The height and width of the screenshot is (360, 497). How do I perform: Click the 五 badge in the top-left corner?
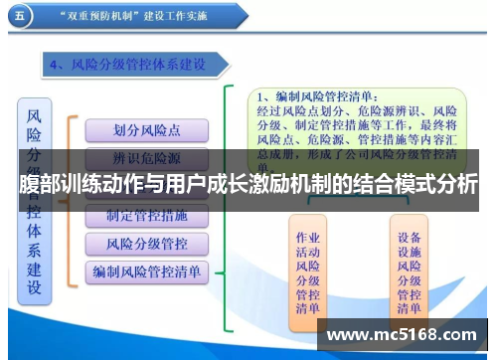(22, 17)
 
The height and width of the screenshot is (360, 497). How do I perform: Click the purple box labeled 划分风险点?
(146, 130)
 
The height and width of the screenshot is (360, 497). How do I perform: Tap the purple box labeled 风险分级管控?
(146, 244)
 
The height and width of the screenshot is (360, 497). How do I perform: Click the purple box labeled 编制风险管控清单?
(146, 270)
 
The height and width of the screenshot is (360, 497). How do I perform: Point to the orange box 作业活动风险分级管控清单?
(308, 271)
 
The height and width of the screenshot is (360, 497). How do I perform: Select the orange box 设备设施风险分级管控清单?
(409, 271)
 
